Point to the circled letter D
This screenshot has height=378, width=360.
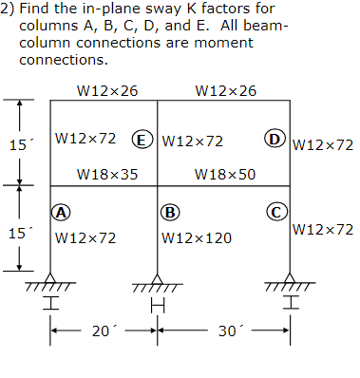[x=275, y=140]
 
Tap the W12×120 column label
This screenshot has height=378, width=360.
[x=198, y=237]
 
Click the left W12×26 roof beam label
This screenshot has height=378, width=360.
[x=106, y=90]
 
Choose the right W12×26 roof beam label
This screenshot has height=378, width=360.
[x=225, y=90]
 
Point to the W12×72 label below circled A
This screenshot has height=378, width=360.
[x=86, y=237]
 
